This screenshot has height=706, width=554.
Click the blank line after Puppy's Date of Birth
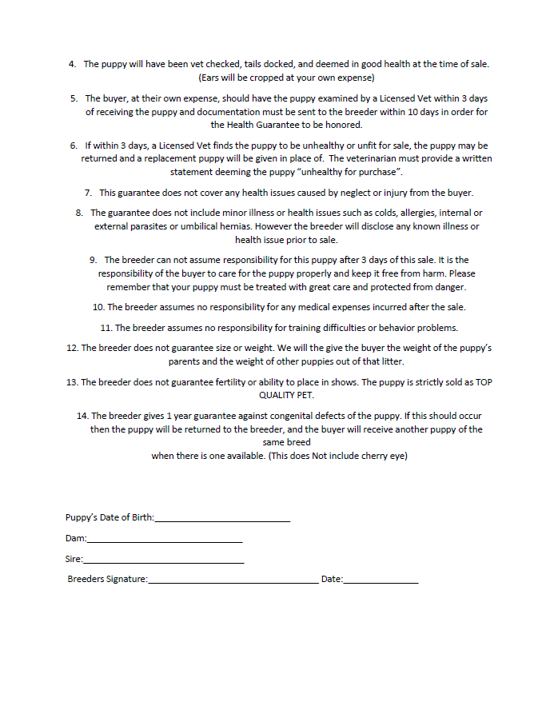[x=222, y=521]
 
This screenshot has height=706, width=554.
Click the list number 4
[x=73, y=64]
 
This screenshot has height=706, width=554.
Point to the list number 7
[x=88, y=193]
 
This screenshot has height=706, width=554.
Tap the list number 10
[x=98, y=307]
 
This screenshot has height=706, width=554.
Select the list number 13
[x=72, y=382]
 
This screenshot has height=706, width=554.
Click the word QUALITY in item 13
[x=277, y=395]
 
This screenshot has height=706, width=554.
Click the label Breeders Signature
[x=107, y=579]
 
